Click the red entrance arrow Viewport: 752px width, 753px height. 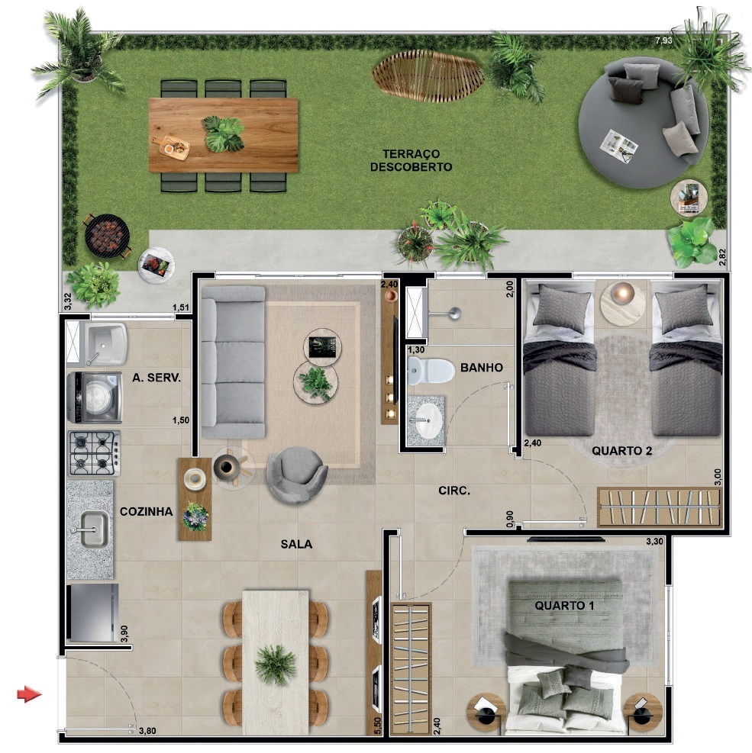(29, 694)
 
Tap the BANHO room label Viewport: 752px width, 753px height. (482, 368)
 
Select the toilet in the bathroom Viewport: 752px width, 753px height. (431, 371)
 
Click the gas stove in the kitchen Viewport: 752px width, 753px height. (94, 453)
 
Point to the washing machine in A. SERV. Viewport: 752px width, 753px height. (94, 397)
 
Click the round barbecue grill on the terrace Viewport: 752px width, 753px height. (107, 237)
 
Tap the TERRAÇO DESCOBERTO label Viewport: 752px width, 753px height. (412, 160)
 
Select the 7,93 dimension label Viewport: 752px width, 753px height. (663, 41)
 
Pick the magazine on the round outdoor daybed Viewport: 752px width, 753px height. (619, 146)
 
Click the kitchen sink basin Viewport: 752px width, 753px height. (94, 529)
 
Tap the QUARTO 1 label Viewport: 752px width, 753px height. (564, 606)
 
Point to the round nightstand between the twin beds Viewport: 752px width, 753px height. (623, 303)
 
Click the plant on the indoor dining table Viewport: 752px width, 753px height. (275, 665)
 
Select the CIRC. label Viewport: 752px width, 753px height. (454, 491)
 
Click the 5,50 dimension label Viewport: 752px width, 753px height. (377, 726)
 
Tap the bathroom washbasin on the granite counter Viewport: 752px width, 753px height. (428, 420)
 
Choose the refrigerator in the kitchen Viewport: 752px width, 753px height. (92, 613)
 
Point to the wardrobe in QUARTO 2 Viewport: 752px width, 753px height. (660, 507)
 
